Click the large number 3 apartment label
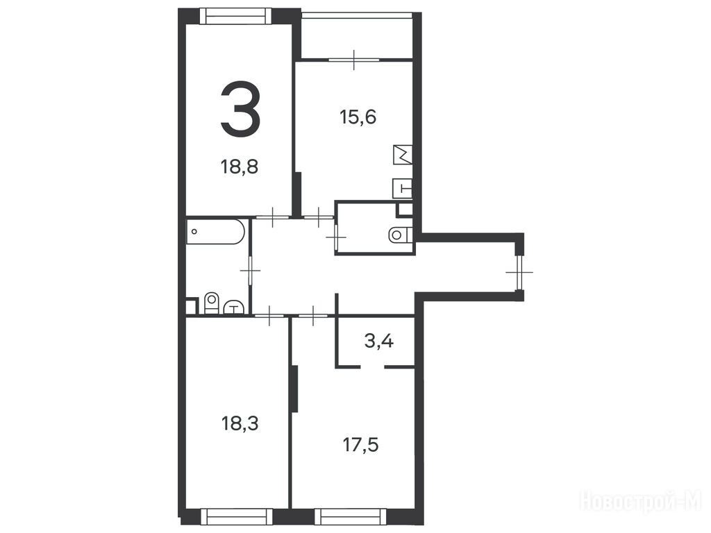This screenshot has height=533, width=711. pos(240,109)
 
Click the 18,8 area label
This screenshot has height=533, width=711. pos(240,167)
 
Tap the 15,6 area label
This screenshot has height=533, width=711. pos(358,117)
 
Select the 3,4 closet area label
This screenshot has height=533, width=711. pos(378,341)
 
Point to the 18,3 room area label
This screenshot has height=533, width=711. pos(240,424)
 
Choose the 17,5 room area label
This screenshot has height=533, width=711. pos(360,445)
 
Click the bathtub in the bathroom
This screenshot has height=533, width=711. pos(216,232)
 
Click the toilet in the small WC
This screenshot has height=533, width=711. pos(401,235)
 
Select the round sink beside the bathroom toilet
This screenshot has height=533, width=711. pos(234,307)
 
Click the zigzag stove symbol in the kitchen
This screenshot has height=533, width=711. pos(403,155)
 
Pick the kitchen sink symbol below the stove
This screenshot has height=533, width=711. pos(403,188)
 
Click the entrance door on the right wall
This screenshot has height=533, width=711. pos(519,272)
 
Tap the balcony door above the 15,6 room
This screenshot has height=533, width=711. pos(354,60)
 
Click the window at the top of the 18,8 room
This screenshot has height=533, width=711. pos(236,17)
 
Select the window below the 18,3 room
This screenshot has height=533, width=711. pos(236,516)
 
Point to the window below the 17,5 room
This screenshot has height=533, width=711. pos(351,516)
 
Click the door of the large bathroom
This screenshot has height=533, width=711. pos(250,270)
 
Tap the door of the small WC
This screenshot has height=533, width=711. pos(336,237)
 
